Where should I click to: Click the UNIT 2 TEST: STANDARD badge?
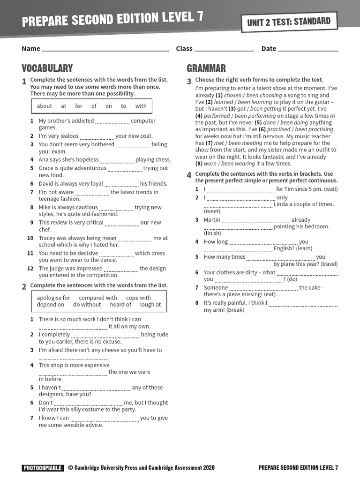pos(289,22)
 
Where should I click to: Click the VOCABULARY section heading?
pos(47,68)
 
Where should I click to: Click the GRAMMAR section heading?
pos(206,68)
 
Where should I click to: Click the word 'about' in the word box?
pos(45,106)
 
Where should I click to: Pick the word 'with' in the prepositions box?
pos(141,106)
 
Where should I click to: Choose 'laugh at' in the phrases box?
pos(150,304)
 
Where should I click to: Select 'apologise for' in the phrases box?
pos(53,298)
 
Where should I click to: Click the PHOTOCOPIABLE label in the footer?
pos(43,467)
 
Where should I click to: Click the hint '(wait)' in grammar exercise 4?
pos(330,189)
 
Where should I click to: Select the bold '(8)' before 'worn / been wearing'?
pos(199,164)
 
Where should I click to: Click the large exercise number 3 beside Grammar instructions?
pos(189,82)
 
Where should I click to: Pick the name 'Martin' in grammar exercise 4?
pos(212,219)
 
